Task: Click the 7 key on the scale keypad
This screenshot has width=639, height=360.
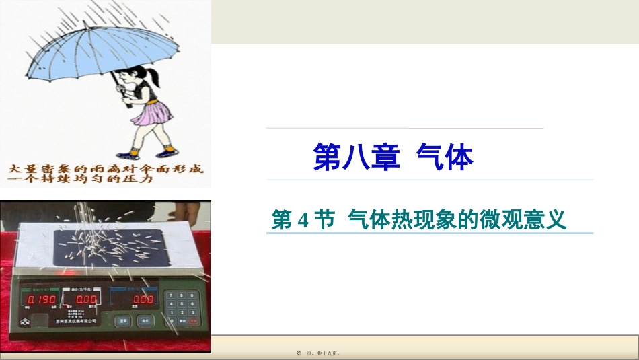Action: (x=172, y=295)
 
